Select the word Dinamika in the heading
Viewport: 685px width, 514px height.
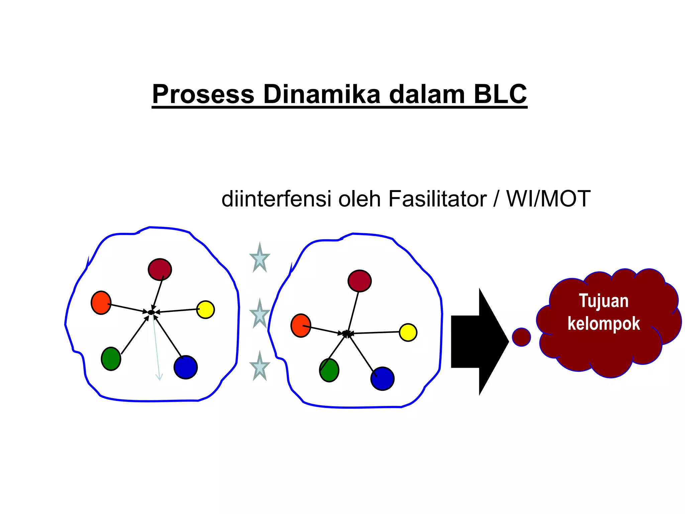pyautogui.click(x=322, y=94)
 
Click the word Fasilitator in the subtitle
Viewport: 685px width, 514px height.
pyautogui.click(x=437, y=199)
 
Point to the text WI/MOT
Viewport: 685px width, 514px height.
pyautogui.click(x=548, y=199)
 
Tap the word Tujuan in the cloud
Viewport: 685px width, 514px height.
pyautogui.click(x=603, y=301)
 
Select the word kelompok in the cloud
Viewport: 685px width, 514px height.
pyautogui.click(x=603, y=324)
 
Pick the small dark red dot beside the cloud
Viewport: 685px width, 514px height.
pyautogui.click(x=521, y=337)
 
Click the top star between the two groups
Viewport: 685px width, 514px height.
pyautogui.click(x=260, y=259)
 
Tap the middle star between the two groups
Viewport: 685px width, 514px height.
pyautogui.click(x=260, y=315)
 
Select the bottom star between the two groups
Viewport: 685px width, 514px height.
pyautogui.click(x=260, y=367)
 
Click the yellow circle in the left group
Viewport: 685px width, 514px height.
pyautogui.click(x=205, y=310)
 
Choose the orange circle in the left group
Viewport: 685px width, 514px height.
pyautogui.click(x=101, y=303)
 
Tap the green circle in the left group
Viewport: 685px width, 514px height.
pyautogui.click(x=111, y=359)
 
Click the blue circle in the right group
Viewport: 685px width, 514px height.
pyautogui.click(x=382, y=378)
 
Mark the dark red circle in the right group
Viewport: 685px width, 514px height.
pyautogui.click(x=360, y=281)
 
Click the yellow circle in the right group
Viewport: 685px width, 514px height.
pyautogui.click(x=408, y=332)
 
